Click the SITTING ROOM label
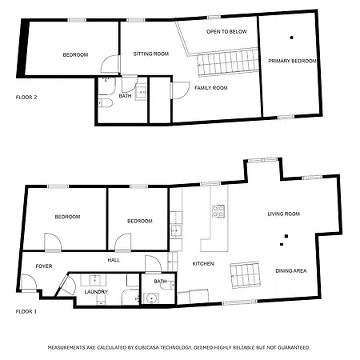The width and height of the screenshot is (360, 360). coord(150,54)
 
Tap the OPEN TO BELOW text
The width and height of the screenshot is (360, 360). coord(227,31)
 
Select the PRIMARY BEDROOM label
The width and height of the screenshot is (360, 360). coord(292,61)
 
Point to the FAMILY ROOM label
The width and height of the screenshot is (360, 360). coord(211,87)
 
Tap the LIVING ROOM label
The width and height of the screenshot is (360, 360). coord(283,214)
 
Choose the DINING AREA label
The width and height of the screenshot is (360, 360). coord(290,270)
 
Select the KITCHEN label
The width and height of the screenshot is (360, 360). coord(203,263)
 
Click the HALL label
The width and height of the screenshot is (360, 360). coord(114,260)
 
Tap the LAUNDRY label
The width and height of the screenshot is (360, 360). coord(96,292)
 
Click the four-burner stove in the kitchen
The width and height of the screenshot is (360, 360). coord(217,211)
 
